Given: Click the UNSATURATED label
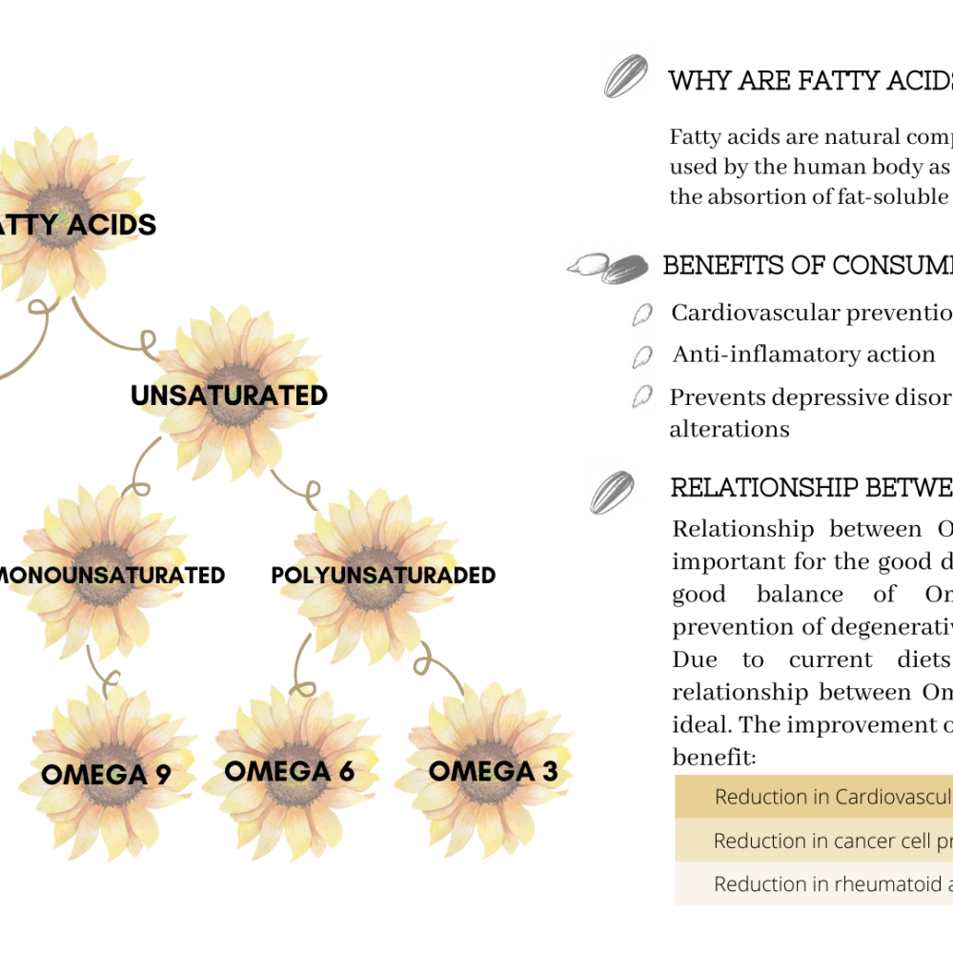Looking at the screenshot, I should pyautogui.click(x=229, y=395).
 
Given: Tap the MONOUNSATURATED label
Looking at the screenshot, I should pyautogui.click(x=112, y=576).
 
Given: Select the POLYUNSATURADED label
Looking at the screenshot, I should pyautogui.click(x=383, y=576).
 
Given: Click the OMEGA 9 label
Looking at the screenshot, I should pyautogui.click(x=106, y=775).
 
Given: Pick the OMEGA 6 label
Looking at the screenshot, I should pyautogui.click(x=289, y=771).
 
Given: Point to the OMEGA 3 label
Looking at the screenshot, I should pyautogui.click(x=493, y=771).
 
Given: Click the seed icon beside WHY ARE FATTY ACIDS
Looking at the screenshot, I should pyautogui.click(x=625, y=76).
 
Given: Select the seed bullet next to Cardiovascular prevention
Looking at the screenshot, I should pyautogui.click(x=643, y=314).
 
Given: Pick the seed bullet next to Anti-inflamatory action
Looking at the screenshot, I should pyautogui.click(x=643, y=355).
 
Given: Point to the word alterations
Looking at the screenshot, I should pyautogui.click(x=729, y=429).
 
